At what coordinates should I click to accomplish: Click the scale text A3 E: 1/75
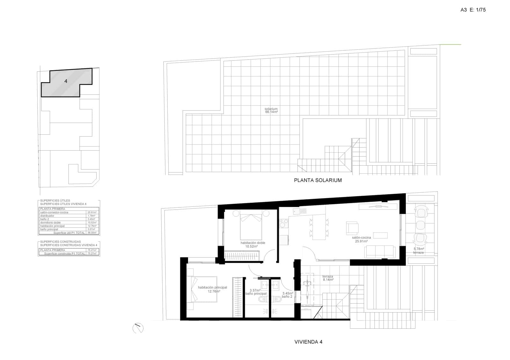pyautogui.click(x=473, y=10)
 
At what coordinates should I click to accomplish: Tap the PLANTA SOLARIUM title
pyautogui.click(x=317, y=180)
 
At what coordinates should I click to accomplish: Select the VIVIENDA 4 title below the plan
pyautogui.click(x=308, y=342)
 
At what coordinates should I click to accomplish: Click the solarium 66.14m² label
pyautogui.click(x=271, y=111)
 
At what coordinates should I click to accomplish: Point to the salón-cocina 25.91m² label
pyautogui.click(x=361, y=240)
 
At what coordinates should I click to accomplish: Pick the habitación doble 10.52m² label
pyautogui.click(x=253, y=245)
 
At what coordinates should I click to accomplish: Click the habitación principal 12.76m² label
pyautogui.click(x=212, y=289)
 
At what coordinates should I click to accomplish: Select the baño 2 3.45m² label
pyautogui.click(x=288, y=295)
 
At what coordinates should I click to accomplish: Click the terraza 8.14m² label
pyautogui.click(x=328, y=278)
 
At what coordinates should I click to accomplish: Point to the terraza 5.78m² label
pyautogui.click(x=419, y=251)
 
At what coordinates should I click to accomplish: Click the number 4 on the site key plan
pyautogui.click(x=66, y=81)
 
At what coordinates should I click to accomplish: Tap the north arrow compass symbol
pyautogui.click(x=138, y=328)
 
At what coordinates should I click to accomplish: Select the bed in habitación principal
pyautogui.click(x=204, y=289)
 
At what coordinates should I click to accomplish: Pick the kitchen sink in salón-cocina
pyautogui.click(x=300, y=211)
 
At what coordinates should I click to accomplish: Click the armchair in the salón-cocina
pyautogui.click(x=352, y=227)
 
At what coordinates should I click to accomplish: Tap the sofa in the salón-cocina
pyautogui.click(x=380, y=251)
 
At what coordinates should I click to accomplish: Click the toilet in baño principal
pyautogui.click(x=262, y=299)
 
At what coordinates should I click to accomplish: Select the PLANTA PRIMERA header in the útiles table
pyautogui.click(x=53, y=209)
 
